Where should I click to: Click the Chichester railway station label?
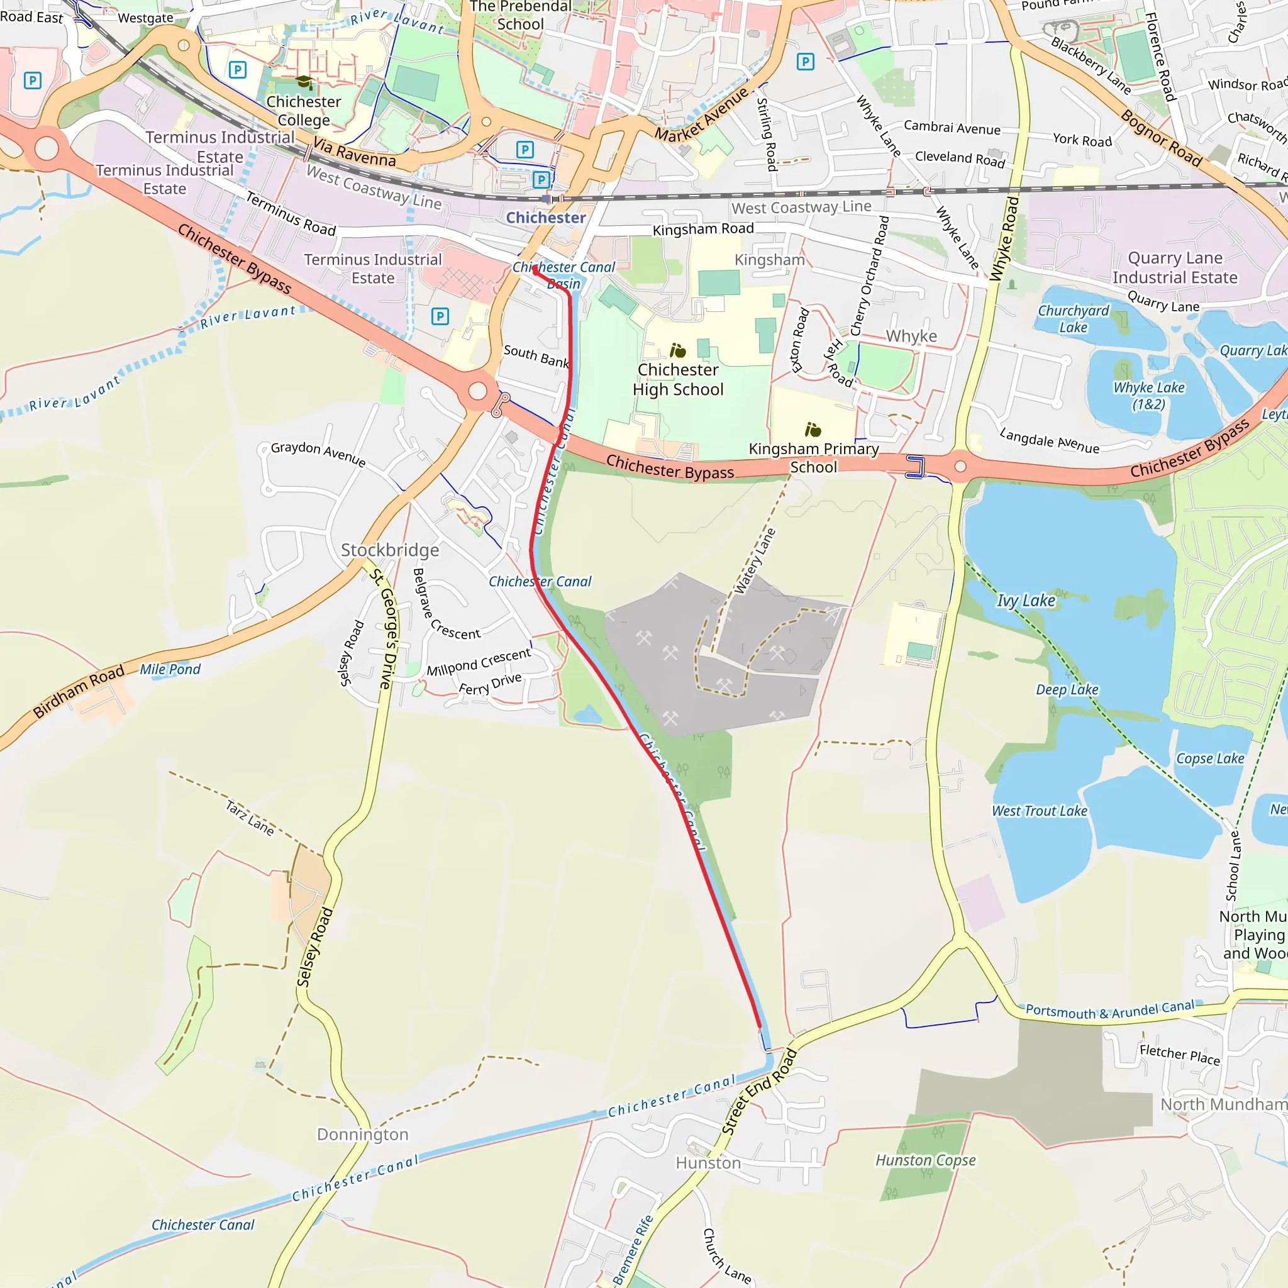point(545,218)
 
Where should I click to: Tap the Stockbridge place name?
point(390,550)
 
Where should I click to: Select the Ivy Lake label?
point(1026,601)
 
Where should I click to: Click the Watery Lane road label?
point(755,560)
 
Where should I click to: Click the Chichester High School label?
point(678,379)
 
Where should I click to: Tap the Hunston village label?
point(708,1163)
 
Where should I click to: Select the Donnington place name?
point(363,1135)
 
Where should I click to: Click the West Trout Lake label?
point(1040,811)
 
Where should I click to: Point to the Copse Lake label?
point(1210,758)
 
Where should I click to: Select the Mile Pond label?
point(170,669)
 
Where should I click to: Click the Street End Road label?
point(759,1091)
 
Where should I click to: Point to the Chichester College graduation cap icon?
point(304,82)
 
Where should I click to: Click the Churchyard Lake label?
point(1074,319)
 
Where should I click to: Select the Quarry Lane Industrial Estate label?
point(1175,267)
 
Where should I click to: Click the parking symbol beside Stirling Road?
point(806,62)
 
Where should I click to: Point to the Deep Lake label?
point(1067,690)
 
